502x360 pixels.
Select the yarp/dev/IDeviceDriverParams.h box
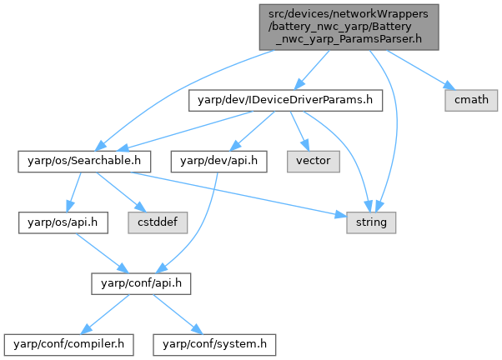(x=286, y=101)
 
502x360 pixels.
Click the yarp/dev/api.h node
(x=219, y=161)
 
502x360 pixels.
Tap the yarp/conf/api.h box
(x=142, y=282)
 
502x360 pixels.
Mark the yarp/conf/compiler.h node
(x=64, y=342)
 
